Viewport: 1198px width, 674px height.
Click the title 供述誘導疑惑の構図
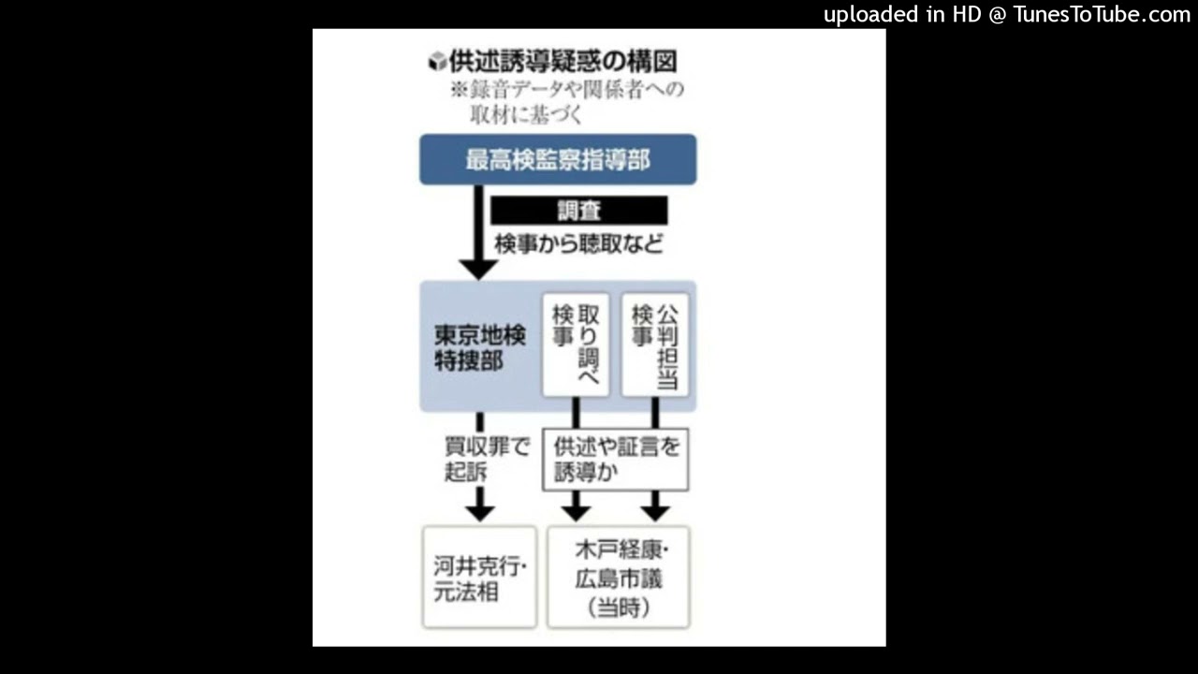point(562,61)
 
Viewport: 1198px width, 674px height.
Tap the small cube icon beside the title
point(437,61)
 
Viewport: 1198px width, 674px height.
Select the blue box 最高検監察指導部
point(558,159)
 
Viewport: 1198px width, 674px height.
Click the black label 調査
point(579,211)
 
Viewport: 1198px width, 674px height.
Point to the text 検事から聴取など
point(579,244)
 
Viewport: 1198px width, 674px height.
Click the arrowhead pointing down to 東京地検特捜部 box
point(478,270)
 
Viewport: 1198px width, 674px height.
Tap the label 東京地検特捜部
point(480,347)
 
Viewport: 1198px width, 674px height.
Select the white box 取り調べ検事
point(576,345)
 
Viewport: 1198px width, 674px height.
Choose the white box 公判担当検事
point(655,345)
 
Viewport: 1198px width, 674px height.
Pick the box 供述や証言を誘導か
point(616,459)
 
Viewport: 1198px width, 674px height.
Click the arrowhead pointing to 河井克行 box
point(480,514)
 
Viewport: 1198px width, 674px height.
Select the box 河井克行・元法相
point(480,578)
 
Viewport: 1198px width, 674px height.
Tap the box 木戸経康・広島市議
point(619,578)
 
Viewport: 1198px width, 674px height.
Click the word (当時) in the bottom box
point(619,608)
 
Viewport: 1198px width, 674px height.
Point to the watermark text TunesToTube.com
point(1103,14)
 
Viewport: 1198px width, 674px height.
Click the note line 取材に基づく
point(526,114)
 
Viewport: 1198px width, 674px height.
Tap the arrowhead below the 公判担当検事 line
point(655,514)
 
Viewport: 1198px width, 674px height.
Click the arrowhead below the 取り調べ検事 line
point(576,514)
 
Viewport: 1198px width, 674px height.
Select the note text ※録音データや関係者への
point(567,89)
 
